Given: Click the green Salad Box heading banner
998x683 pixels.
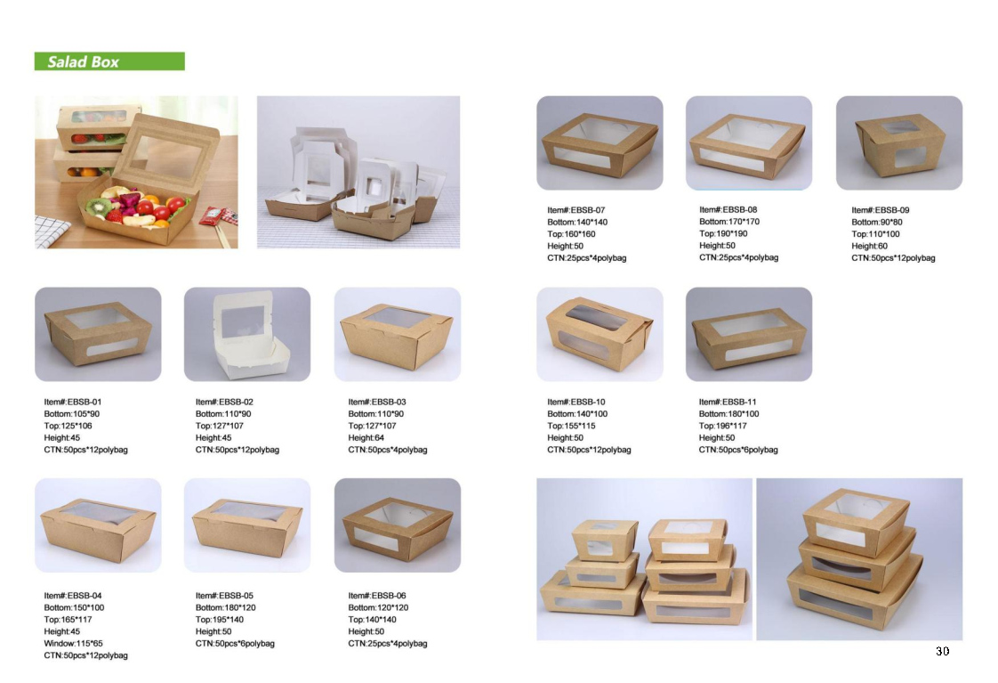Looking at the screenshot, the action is point(109,61).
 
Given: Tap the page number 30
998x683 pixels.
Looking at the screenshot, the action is point(943,651).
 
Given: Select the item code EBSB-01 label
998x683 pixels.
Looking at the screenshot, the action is point(73,402).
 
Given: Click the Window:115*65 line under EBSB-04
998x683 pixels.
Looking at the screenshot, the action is point(73,644).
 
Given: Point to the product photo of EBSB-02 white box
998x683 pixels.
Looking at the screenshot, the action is point(247,334).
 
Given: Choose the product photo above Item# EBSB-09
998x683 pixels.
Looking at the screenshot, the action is point(899,142).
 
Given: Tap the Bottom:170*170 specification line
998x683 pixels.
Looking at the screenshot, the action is point(729,222).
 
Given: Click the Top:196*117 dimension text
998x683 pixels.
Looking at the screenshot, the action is point(723,426).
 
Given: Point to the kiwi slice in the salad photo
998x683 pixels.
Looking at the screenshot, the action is point(100,207).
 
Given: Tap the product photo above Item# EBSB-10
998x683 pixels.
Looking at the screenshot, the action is point(600,334).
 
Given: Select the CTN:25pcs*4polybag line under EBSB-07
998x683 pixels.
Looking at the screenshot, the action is point(587,258).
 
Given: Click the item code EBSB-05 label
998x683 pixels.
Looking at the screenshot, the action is point(224,596).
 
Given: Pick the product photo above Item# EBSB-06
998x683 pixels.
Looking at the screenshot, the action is point(398,525).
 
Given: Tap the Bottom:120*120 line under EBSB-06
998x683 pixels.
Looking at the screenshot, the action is point(378,608).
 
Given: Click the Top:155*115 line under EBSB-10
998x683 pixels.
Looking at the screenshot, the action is point(572,426).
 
